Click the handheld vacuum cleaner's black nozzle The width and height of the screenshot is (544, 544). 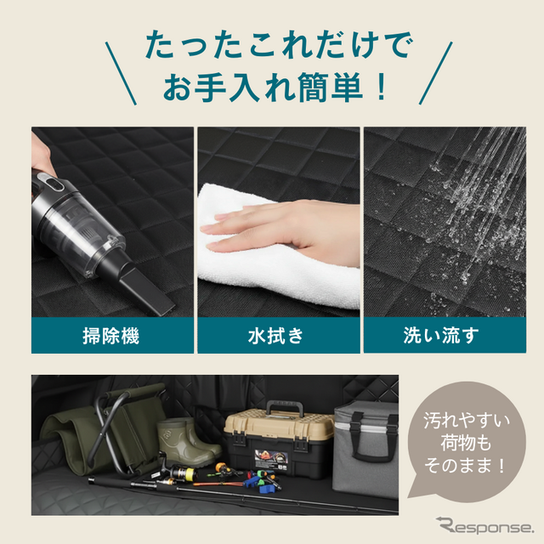pyautogui.click(x=150, y=284)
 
